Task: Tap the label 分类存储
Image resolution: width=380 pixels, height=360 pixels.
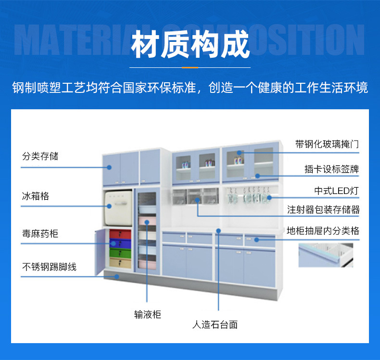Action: pyautogui.click(x=41, y=156)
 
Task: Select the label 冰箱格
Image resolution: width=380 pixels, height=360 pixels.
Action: pyautogui.click(x=36, y=196)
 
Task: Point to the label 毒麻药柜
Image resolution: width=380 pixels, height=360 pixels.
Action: pyautogui.click(x=40, y=233)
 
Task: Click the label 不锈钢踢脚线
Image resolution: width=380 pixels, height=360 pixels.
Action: pyautogui.click(x=49, y=266)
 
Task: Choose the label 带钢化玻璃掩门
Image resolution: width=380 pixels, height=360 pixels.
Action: pyautogui.click(x=327, y=144)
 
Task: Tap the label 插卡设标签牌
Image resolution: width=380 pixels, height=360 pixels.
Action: pyautogui.click(x=331, y=169)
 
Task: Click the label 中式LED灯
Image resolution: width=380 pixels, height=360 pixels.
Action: pyautogui.click(x=336, y=191)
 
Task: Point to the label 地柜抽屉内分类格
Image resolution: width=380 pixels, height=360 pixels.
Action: pyautogui.click(x=323, y=231)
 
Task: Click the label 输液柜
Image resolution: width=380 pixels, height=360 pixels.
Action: pyautogui.click(x=148, y=314)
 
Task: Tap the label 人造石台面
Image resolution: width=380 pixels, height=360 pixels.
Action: pyautogui.click(x=215, y=324)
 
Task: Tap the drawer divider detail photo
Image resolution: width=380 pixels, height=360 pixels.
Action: pyautogui.click(x=326, y=255)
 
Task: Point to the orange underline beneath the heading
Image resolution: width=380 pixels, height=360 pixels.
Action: pyautogui.click(x=190, y=68)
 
